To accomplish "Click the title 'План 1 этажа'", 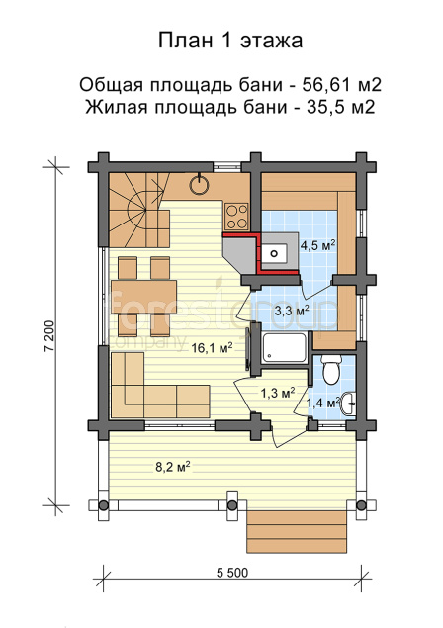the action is [x=230, y=40].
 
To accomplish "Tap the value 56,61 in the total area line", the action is [x=325, y=85].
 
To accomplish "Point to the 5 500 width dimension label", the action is [x=232, y=573].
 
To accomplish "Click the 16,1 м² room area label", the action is [x=212, y=348].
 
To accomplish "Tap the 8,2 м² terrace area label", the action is [x=173, y=466].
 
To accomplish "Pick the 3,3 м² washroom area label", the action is [x=292, y=310].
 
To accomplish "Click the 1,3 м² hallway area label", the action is [x=278, y=393].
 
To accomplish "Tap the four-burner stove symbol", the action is [x=236, y=217].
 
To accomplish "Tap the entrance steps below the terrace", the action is [x=297, y=531].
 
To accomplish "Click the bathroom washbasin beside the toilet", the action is [x=349, y=404].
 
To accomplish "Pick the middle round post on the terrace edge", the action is [x=232, y=505].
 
